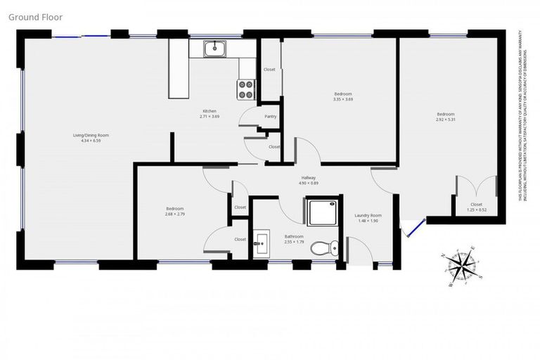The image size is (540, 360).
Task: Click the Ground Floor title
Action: pyautogui.click(x=35, y=16)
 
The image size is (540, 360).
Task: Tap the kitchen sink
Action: pyautogui.click(x=214, y=49)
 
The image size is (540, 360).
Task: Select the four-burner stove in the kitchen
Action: pyautogui.click(x=246, y=89)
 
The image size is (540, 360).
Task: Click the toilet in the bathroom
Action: pyautogui.click(x=324, y=247)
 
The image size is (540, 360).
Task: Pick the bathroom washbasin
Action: pyautogui.click(x=262, y=243)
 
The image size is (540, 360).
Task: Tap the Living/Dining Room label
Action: pyautogui.click(x=91, y=135)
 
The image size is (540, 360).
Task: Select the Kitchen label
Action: pyautogui.click(x=210, y=111)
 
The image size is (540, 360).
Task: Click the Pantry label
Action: pyautogui.click(x=270, y=117)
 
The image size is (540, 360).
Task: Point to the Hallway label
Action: pyautogui.click(x=309, y=177)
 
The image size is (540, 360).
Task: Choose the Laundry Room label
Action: pyautogui.click(x=367, y=215)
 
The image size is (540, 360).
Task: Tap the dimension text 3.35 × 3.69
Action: pyautogui.click(x=343, y=99)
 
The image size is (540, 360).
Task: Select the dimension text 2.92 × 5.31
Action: pyautogui.click(x=446, y=120)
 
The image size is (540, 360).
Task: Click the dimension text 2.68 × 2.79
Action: pyautogui.click(x=175, y=214)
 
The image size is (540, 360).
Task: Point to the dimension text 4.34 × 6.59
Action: pyautogui.click(x=91, y=141)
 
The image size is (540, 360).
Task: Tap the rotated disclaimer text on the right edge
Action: pyautogui.click(x=525, y=116)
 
